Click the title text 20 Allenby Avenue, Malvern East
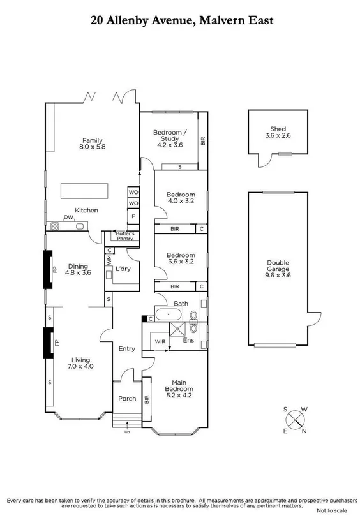point(182,20)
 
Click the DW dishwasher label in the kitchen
point(67,218)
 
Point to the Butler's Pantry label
point(126,237)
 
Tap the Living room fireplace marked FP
point(48,343)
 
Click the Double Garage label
point(277,269)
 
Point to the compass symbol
point(296,419)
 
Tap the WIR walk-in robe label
point(160,341)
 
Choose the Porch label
point(128,399)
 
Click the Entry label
point(127,348)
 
